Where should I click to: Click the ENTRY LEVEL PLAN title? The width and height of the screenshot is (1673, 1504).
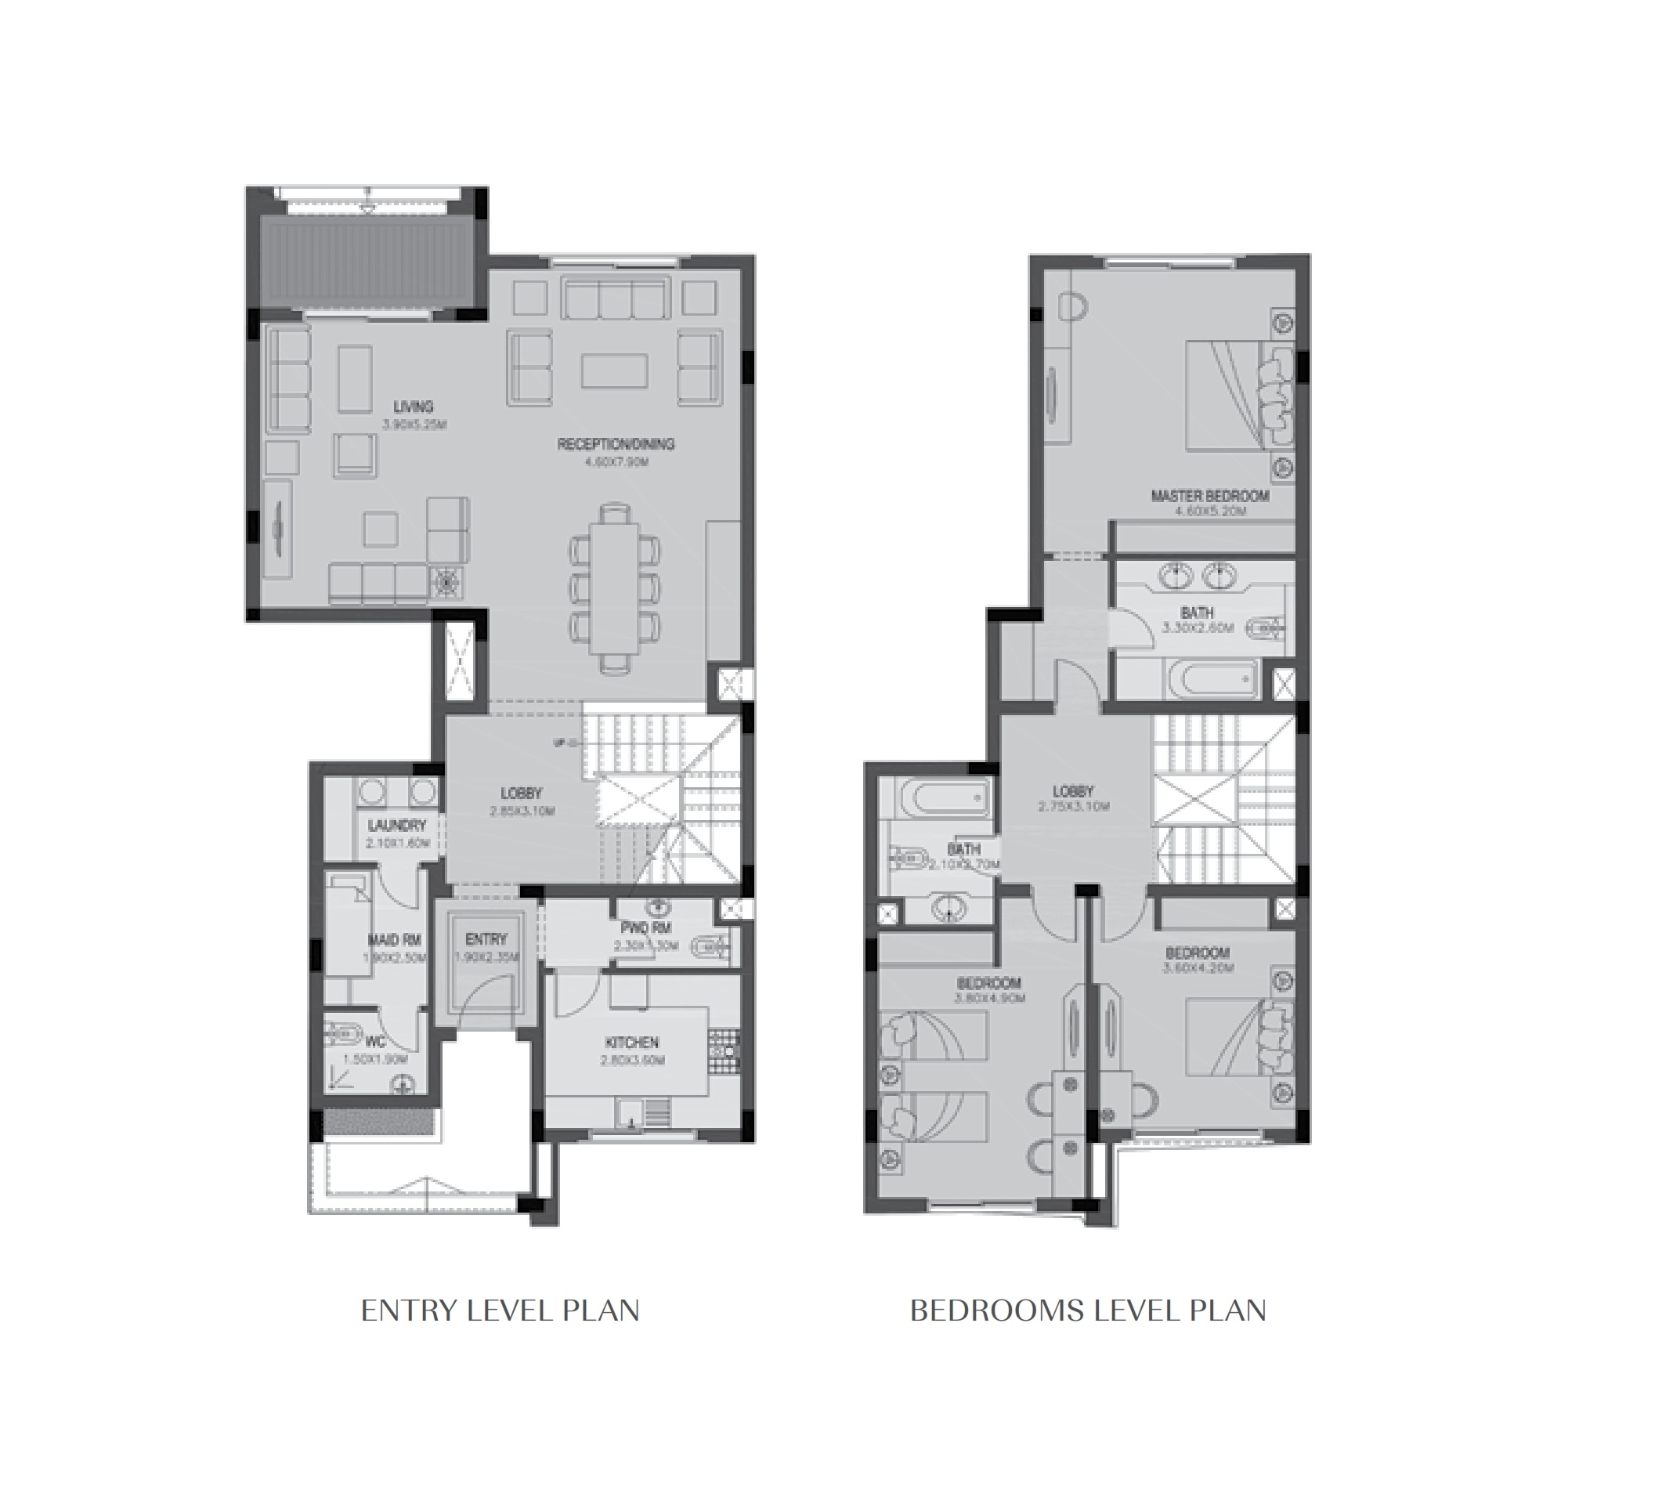point(500,1311)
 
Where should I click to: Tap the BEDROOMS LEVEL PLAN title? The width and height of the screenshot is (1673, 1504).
point(1087,1311)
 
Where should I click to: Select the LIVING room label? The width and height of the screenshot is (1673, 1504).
point(413,407)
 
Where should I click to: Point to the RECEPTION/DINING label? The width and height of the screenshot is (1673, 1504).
point(616,444)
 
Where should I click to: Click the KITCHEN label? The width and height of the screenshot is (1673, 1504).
point(632,1043)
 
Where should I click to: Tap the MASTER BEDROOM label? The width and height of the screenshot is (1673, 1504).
point(1209,496)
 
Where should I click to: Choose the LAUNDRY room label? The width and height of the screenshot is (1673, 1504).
point(396,826)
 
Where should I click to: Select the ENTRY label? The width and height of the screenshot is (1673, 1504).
point(486,938)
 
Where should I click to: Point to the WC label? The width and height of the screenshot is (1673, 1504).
point(375,1043)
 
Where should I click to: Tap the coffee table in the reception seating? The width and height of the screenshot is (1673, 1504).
point(614,371)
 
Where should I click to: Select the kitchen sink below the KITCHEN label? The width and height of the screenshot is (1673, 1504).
point(632,1112)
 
